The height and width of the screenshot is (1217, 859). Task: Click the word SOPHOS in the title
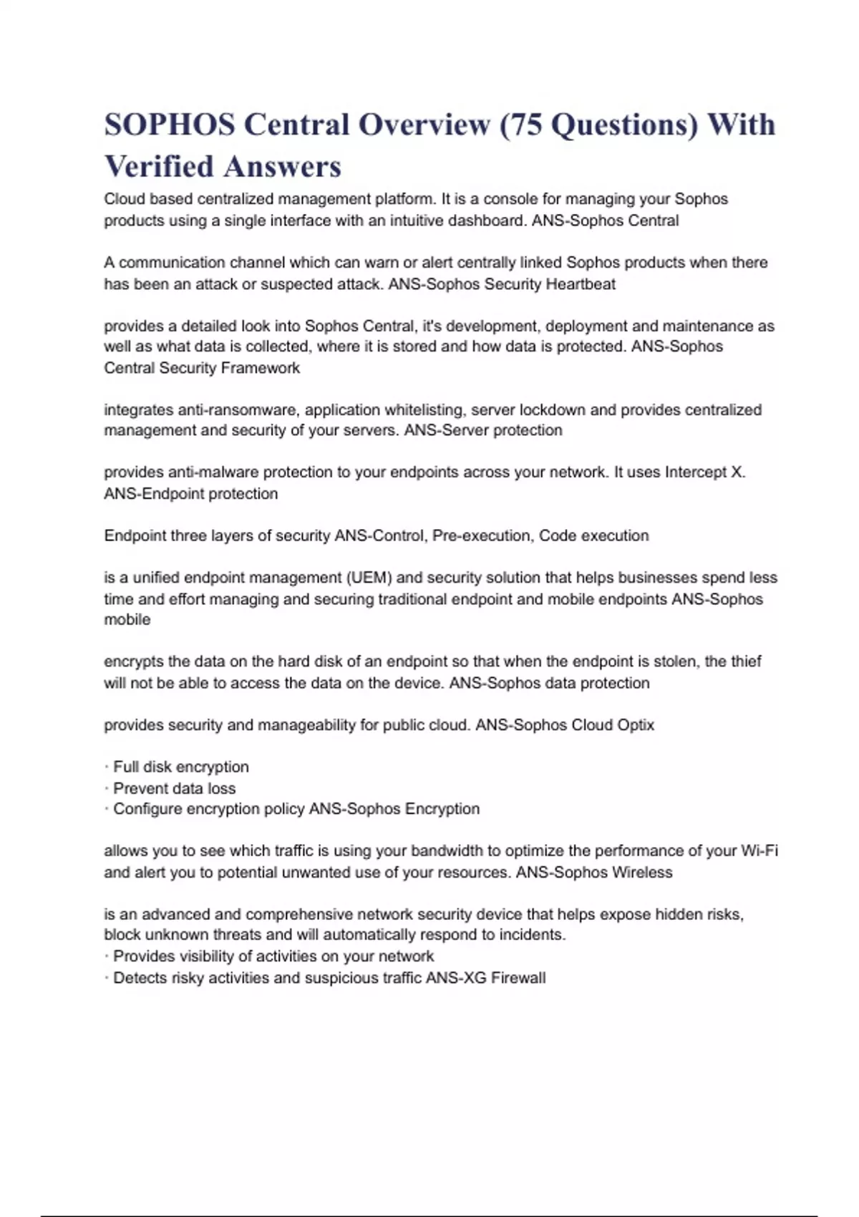[169, 125]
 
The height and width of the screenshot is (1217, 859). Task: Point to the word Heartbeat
[581, 284]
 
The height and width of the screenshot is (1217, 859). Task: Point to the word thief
[744, 661]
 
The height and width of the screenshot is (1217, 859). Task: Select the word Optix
[632, 725]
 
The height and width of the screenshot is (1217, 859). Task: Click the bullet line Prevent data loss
[174, 788]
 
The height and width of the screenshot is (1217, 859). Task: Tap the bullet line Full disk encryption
[181, 767]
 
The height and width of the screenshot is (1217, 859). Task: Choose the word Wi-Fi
[759, 851]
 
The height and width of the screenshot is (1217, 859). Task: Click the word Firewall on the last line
[518, 978]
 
